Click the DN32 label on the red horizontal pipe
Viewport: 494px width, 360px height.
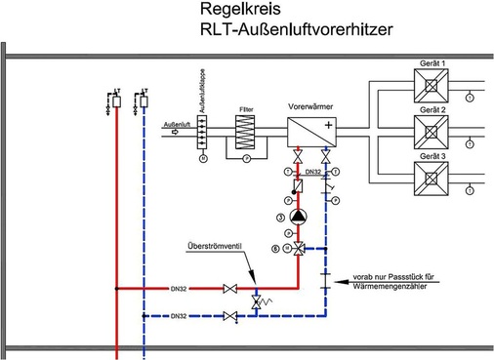click(179, 289)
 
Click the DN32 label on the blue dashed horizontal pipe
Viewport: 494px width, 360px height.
click(179, 317)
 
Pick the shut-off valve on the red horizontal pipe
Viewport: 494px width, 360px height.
click(230, 289)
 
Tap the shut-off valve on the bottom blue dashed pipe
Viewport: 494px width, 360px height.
click(230, 317)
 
